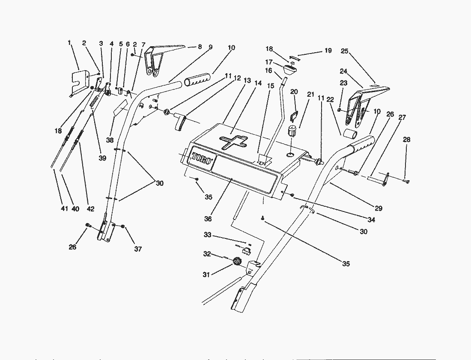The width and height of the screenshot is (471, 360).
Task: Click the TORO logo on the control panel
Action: (x=201, y=159)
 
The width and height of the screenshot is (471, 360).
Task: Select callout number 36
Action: (x=208, y=219)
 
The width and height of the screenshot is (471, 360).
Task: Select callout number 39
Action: (x=102, y=158)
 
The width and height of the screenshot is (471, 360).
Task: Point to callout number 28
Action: (x=406, y=140)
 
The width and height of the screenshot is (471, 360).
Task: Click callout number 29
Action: (x=378, y=208)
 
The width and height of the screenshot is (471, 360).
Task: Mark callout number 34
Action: (x=371, y=220)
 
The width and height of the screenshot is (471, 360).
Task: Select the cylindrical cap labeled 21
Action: (x=292, y=131)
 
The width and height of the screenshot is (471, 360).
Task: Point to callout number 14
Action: (x=257, y=84)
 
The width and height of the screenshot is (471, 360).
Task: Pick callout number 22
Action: (x=329, y=99)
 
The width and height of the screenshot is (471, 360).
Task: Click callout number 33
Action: (x=207, y=235)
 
